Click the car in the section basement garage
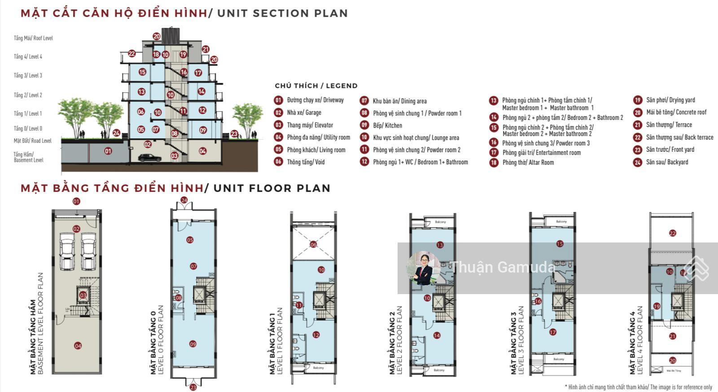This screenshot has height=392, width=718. point(150,158)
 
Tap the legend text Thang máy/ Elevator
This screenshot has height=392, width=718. point(310,125)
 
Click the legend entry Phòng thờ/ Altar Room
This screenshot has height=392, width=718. point(528,163)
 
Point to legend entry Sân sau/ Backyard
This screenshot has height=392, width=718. point(666,162)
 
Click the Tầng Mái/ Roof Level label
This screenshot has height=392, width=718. point(33,38)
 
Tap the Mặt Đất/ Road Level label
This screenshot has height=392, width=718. point(32,141)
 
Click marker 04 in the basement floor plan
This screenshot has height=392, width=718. point(78,346)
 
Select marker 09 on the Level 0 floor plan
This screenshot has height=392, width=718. point(193,344)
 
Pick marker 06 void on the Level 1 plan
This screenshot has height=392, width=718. point(313,244)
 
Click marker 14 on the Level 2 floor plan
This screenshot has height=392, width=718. point(437,335)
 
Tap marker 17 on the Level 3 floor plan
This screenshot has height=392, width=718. point(552,332)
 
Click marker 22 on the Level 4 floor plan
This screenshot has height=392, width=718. point(672,233)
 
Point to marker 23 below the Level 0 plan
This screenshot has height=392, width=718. point(193,387)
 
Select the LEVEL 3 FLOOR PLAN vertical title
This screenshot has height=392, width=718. point(517,340)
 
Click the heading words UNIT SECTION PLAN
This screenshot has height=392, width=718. point(282,13)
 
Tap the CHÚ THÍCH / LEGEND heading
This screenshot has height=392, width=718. point(316,86)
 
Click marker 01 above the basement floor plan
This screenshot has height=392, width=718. point(76,202)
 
